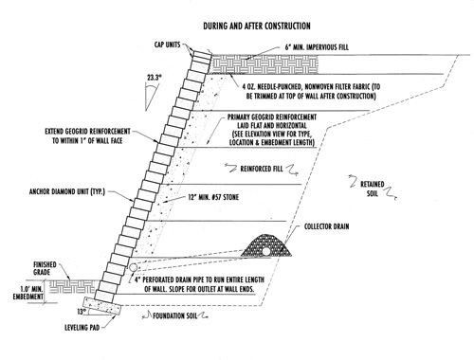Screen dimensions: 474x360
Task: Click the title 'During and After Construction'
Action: click(x=257, y=26)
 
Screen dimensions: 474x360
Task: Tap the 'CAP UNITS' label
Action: click(x=167, y=45)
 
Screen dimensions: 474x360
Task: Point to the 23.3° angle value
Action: click(x=155, y=78)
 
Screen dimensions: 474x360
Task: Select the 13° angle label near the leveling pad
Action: click(x=82, y=312)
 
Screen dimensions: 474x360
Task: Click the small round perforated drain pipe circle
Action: click(x=133, y=267)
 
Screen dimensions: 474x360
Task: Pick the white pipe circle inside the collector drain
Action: click(x=266, y=251)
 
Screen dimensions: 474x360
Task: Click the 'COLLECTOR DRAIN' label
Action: click(x=327, y=226)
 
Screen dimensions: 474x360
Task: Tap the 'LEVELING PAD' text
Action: click(x=82, y=328)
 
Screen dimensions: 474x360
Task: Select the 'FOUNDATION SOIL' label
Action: click(x=175, y=315)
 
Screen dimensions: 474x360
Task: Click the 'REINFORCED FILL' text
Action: click(x=262, y=169)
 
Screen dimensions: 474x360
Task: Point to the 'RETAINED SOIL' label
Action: click(x=373, y=189)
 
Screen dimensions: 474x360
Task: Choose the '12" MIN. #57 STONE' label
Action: click(x=213, y=197)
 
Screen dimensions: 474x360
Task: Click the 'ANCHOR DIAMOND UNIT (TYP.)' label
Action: click(x=67, y=191)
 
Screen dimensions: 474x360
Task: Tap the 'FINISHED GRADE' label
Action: click(x=45, y=268)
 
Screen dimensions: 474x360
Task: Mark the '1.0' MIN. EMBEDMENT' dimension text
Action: click(x=28, y=293)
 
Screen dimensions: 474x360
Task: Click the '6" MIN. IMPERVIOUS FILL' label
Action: click(x=317, y=47)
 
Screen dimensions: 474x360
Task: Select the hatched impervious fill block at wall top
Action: click(x=264, y=64)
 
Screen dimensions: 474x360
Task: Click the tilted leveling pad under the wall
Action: click(x=102, y=306)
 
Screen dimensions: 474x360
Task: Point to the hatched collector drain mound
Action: click(x=266, y=245)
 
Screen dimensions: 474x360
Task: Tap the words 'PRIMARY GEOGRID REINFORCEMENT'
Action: click(x=272, y=117)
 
